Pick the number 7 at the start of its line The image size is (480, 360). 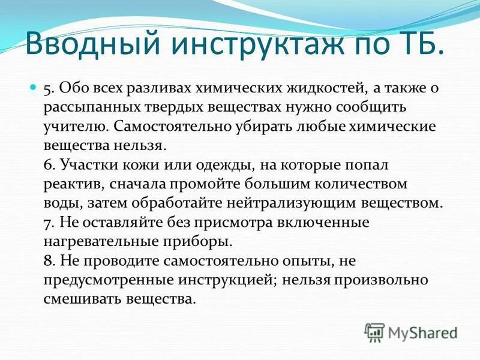point(48,222)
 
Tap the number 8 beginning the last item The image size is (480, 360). point(48,260)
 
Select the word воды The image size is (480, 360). point(61,203)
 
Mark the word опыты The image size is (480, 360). point(303,260)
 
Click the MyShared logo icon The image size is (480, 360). point(374,332)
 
